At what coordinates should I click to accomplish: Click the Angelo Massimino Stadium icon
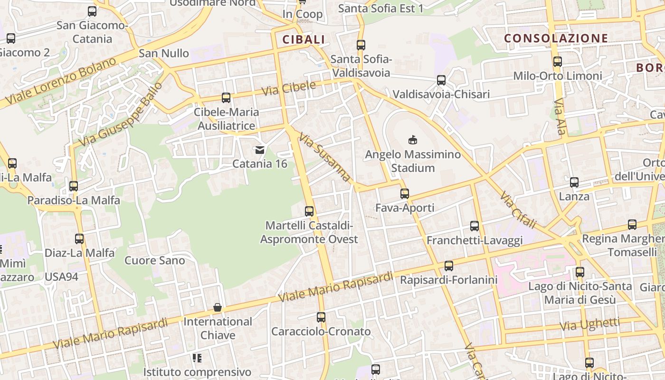point(412,140)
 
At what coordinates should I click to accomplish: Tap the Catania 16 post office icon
point(260,150)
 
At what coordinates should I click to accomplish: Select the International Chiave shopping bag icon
point(218,307)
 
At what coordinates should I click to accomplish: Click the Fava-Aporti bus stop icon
point(405,193)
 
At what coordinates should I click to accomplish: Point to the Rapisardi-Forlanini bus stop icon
point(449,266)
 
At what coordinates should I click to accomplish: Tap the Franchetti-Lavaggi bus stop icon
point(475,226)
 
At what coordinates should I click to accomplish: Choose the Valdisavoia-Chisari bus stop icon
point(441,80)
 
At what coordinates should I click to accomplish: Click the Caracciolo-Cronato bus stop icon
point(321,317)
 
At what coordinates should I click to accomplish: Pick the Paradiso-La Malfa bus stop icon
point(74,186)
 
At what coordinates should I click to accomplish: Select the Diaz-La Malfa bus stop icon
point(79,239)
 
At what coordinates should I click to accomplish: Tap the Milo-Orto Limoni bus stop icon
point(558,62)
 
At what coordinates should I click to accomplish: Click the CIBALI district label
point(304,39)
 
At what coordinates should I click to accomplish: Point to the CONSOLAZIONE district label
point(556,38)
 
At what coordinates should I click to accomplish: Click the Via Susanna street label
point(324,156)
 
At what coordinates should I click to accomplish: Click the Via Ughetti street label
point(589,324)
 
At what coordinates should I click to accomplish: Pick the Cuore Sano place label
point(155,260)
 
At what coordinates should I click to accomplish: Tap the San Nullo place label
point(164,53)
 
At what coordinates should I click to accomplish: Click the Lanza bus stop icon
point(574,182)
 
